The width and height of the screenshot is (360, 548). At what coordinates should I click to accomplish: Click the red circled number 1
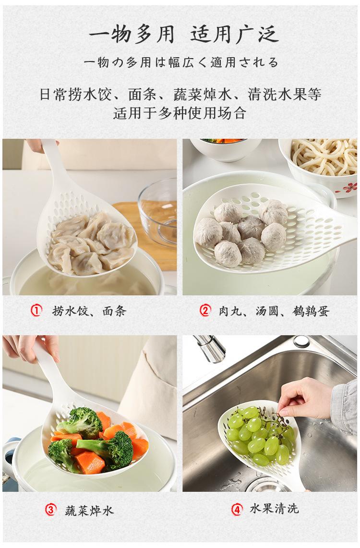click(x=36, y=310)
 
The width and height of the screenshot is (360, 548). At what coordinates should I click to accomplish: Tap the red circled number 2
click(x=205, y=310)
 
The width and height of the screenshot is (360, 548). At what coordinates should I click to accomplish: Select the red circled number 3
click(x=50, y=510)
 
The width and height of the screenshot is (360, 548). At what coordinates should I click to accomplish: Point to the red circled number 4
click(x=237, y=509)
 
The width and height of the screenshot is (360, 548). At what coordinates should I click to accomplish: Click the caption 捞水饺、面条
click(x=89, y=311)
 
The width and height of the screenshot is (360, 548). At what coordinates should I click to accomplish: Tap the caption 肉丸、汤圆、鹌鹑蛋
click(x=275, y=311)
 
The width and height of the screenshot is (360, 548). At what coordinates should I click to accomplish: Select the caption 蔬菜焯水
click(x=90, y=511)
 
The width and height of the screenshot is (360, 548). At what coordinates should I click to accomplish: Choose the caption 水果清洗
click(x=275, y=509)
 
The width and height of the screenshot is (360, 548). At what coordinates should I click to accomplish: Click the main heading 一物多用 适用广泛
click(x=184, y=35)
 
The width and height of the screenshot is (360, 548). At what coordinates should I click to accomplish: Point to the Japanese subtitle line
click(x=181, y=62)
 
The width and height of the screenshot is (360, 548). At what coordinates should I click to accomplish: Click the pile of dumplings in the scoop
click(x=92, y=244)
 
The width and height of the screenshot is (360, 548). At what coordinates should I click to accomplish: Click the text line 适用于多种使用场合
click(x=180, y=112)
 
